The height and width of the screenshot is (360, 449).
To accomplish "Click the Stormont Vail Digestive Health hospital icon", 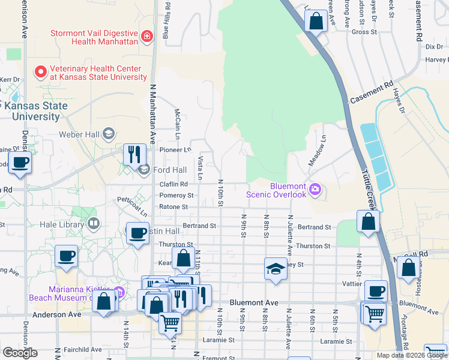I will [146, 37].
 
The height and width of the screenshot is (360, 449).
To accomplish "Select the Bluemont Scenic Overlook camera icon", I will [315, 190].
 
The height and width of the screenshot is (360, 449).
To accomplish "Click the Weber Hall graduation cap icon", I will [109, 133].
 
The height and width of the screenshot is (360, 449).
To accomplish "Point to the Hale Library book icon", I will [93, 224].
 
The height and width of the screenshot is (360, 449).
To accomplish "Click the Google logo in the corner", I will [20, 352].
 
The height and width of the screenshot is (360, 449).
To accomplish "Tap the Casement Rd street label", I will [372, 90].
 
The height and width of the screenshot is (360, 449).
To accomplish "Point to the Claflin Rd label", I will [173, 184].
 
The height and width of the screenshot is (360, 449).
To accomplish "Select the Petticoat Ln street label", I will [132, 205].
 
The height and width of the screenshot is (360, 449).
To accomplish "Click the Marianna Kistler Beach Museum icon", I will [119, 292].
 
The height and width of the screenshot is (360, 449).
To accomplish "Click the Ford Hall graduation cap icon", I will [143, 170].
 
